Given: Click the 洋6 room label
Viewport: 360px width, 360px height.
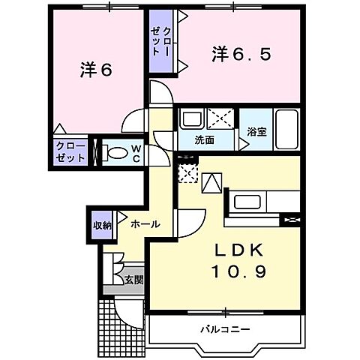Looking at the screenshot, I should pos(96,70).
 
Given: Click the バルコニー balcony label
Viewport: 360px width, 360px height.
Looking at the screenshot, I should pos(224,328).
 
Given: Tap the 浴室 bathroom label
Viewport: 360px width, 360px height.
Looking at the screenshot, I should pos(257,131).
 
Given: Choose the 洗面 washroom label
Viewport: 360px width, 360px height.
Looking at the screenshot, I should pos(205,139).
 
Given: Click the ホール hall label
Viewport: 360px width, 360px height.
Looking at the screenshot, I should pos(144,224).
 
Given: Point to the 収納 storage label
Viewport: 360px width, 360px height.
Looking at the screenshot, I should pos(103,224).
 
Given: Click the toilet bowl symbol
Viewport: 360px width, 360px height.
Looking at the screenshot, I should pos(116,153).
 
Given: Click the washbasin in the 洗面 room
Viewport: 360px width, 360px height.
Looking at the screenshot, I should pos(190,120).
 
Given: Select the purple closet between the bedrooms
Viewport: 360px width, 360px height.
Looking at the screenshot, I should pos(159,41).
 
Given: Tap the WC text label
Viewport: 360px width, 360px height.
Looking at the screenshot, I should pos(136,153).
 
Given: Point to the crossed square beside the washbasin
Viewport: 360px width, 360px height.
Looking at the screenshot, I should pos(220,119).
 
